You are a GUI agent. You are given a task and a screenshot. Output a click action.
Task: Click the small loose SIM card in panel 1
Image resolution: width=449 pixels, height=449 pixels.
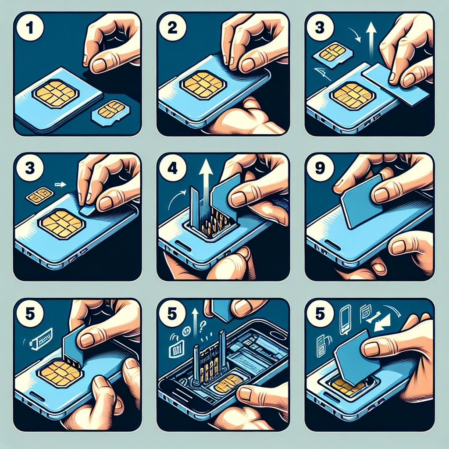[x=110, y=112]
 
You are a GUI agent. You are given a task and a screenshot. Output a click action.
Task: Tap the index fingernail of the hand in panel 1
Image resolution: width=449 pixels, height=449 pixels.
[x=99, y=65]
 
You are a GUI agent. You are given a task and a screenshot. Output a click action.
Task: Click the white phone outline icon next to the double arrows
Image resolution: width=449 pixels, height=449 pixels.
[x=346, y=315]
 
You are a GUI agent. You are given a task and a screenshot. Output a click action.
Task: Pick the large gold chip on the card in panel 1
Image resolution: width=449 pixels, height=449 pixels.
[x=55, y=93]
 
